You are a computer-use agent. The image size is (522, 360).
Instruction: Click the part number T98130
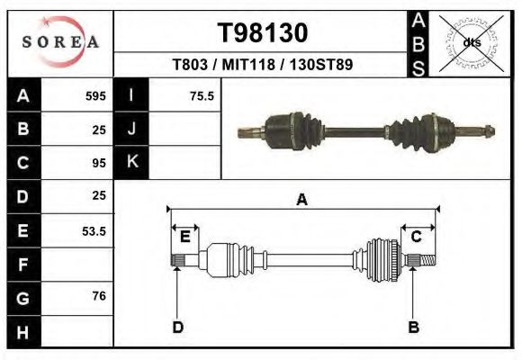point(264,33)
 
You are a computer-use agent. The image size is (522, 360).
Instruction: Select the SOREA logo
point(60,41)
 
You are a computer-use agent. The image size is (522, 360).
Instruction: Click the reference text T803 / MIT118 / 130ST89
point(263,65)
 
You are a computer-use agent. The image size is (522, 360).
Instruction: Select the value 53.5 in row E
point(94,231)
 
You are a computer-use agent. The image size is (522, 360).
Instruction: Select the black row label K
point(131,163)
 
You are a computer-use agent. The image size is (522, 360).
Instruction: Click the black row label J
point(131,130)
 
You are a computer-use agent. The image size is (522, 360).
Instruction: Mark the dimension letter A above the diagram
point(301,200)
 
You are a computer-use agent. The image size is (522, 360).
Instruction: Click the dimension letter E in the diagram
point(184,237)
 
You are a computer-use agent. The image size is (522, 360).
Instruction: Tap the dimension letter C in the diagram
point(416,237)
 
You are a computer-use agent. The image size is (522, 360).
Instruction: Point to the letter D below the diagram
point(177,327)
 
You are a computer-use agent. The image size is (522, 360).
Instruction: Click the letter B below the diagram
point(413,327)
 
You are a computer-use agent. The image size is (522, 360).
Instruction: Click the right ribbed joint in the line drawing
point(382,261)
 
